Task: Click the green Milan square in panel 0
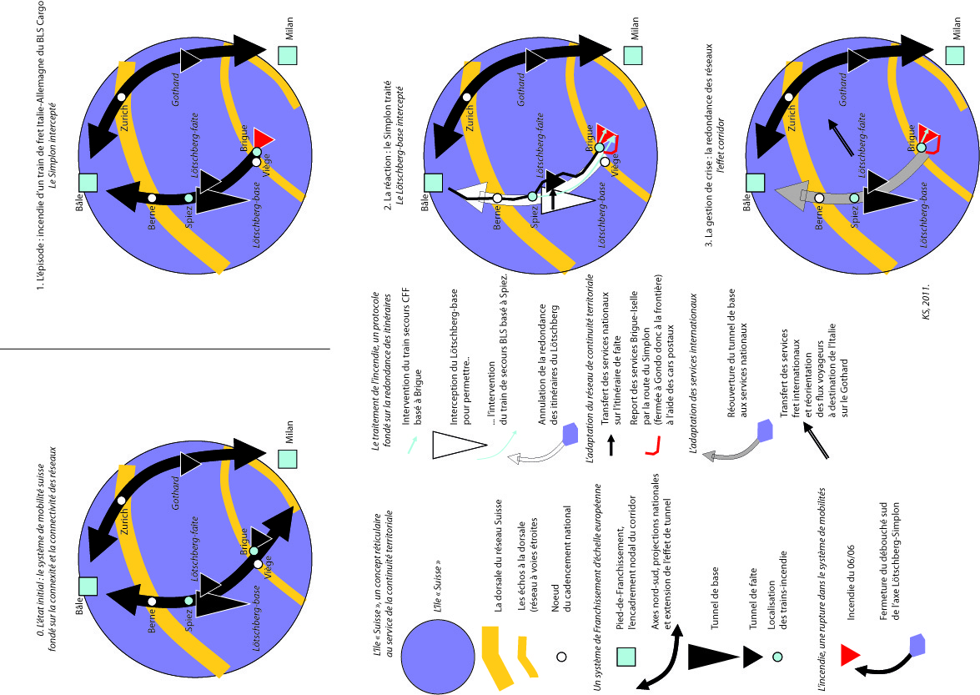pyautogui.click(x=288, y=459)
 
